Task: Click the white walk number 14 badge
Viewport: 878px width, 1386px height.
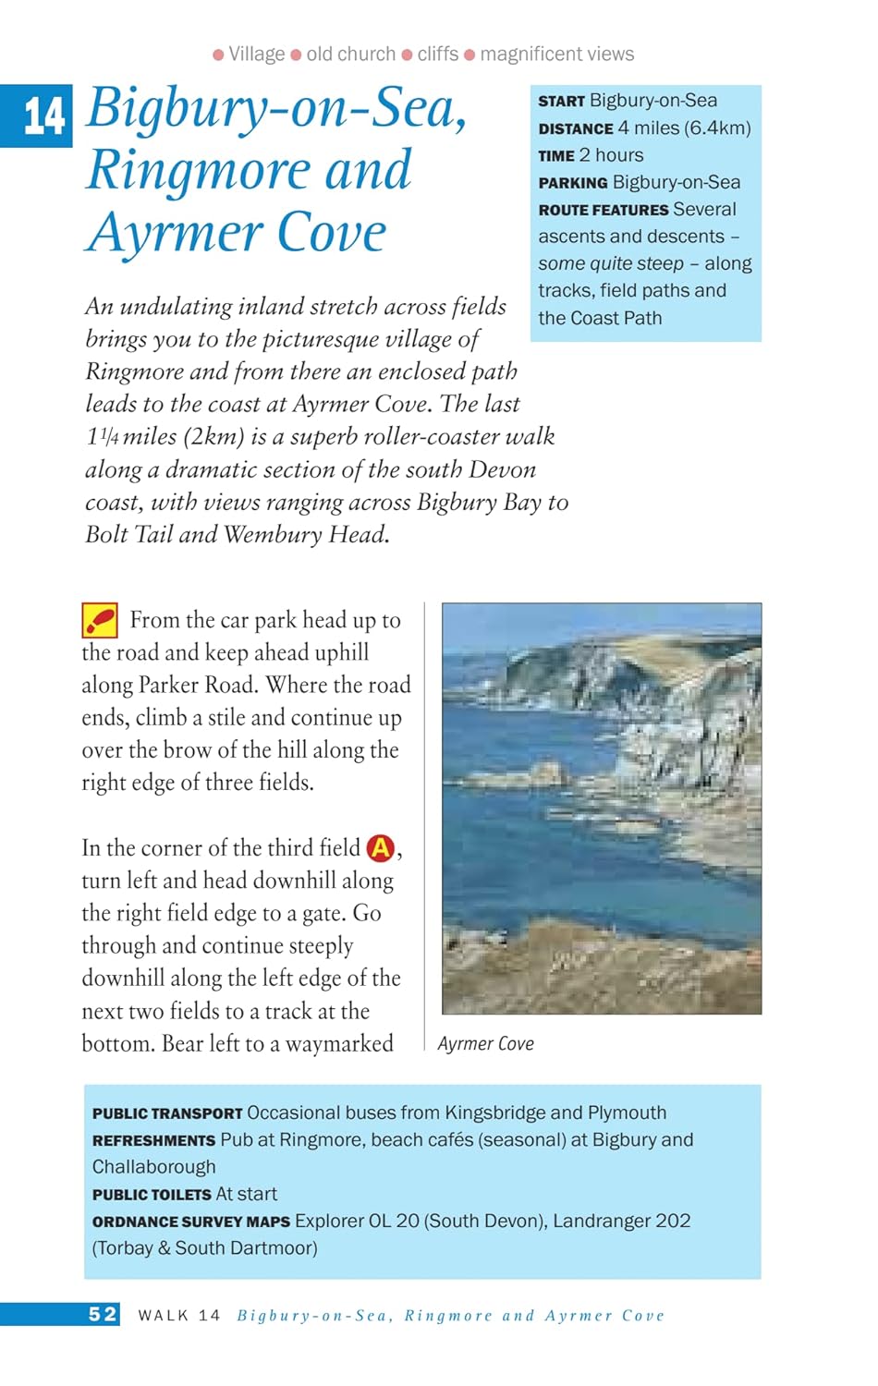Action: [43, 116]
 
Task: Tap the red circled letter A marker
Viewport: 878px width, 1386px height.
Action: [380, 847]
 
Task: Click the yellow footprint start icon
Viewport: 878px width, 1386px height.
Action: [100, 620]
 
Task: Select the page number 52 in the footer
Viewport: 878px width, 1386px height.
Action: [103, 1314]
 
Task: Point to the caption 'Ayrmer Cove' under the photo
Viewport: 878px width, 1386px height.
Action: [485, 1044]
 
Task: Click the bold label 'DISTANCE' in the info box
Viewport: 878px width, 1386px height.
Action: [576, 128]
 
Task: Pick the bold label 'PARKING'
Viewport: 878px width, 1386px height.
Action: [573, 183]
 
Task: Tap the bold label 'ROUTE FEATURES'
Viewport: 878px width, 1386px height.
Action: [604, 210]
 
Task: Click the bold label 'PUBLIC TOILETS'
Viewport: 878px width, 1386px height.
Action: [152, 1195]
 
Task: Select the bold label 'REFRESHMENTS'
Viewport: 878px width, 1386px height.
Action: [153, 1140]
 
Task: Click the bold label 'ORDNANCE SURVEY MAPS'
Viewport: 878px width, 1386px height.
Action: [190, 1222]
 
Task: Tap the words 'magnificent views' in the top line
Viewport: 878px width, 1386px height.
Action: [556, 55]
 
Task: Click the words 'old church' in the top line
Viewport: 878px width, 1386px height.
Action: [350, 55]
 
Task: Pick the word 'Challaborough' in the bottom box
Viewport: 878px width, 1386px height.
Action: [153, 1167]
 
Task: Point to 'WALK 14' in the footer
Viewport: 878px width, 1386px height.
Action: [179, 1315]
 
